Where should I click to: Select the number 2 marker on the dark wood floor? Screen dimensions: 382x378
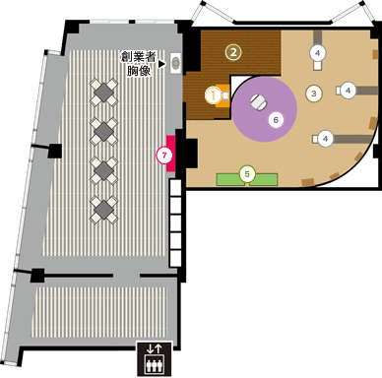[x=233, y=50]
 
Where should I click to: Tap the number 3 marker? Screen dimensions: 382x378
[x=313, y=94]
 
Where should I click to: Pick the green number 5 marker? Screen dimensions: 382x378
[x=248, y=174]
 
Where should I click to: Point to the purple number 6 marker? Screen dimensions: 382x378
[x=277, y=119]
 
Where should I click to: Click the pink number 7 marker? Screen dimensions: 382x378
[x=162, y=154]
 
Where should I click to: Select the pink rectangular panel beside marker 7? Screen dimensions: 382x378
[x=171, y=154]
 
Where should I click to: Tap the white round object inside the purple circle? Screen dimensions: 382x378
[x=259, y=99]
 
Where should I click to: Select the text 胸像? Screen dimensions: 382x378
[x=139, y=72]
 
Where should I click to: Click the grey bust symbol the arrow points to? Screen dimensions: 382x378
[x=176, y=61]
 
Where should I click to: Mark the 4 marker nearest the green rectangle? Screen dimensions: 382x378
[x=326, y=138]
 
